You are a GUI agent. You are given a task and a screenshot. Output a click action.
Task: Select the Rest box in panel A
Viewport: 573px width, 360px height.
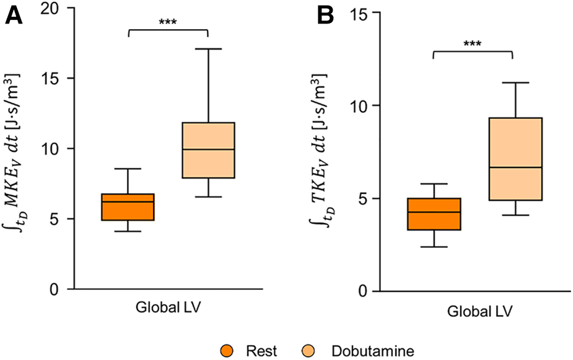128,207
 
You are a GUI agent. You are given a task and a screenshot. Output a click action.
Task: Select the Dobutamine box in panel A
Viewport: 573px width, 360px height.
208,150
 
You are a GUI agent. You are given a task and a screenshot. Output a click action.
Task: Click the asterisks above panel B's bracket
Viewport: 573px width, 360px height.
472,45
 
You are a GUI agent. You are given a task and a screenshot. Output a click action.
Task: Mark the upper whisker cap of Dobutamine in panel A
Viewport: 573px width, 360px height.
208,48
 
